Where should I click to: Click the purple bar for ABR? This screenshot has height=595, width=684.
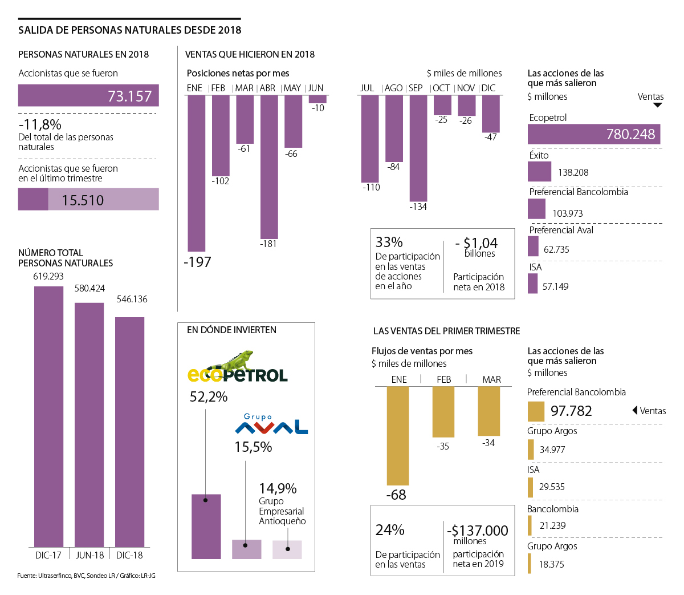click(x=269, y=167)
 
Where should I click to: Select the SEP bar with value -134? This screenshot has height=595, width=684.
click(x=418, y=148)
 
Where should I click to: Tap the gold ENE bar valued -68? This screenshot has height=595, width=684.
click(x=398, y=436)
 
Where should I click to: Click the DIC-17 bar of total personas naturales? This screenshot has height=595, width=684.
click(x=48, y=416)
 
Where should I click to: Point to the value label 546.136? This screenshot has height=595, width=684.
click(x=132, y=299)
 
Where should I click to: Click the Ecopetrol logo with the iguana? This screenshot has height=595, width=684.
click(x=238, y=368)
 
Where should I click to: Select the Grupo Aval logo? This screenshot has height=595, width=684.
click(x=271, y=425)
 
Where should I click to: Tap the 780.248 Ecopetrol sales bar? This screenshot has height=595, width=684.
click(x=593, y=134)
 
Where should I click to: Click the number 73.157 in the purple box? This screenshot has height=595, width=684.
click(x=129, y=96)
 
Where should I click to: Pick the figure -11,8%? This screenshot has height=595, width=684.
click(x=40, y=124)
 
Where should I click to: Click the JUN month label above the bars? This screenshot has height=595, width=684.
click(x=316, y=88)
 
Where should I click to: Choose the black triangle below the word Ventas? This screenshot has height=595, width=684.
click(x=658, y=105)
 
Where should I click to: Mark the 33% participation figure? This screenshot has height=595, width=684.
click(x=389, y=242)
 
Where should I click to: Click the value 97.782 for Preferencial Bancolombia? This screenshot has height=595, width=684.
click(x=571, y=411)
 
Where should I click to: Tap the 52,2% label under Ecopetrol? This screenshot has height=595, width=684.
click(x=209, y=396)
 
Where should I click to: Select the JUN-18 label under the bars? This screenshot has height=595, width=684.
click(x=89, y=555)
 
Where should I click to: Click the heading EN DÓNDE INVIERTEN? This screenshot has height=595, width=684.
click(x=231, y=330)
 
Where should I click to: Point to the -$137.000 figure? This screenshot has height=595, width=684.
click(x=478, y=531)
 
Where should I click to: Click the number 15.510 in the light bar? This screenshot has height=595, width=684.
click(x=83, y=200)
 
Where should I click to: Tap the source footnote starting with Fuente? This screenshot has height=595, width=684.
click(x=86, y=576)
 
